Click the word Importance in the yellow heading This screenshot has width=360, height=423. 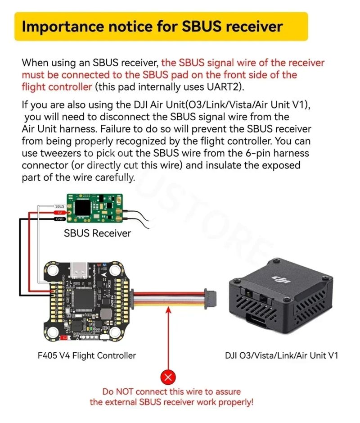pos(63,27)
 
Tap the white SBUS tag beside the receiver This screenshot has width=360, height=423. pos(59,206)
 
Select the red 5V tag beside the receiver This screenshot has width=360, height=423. pos(59,213)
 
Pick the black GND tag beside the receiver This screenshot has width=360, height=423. pos(59,219)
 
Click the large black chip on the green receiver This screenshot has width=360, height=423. pos(82,208)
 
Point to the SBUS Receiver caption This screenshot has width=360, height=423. pos(97,233)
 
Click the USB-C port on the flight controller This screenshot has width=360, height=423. pos(80,270)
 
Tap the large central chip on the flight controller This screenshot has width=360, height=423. pos(82,298)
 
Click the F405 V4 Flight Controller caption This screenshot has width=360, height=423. pos(87,355)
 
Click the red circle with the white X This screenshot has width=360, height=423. pos(168,377)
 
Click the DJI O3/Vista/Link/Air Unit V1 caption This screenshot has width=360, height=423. pos(281,355)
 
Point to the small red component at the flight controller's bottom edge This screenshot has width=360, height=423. pos(64,337)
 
